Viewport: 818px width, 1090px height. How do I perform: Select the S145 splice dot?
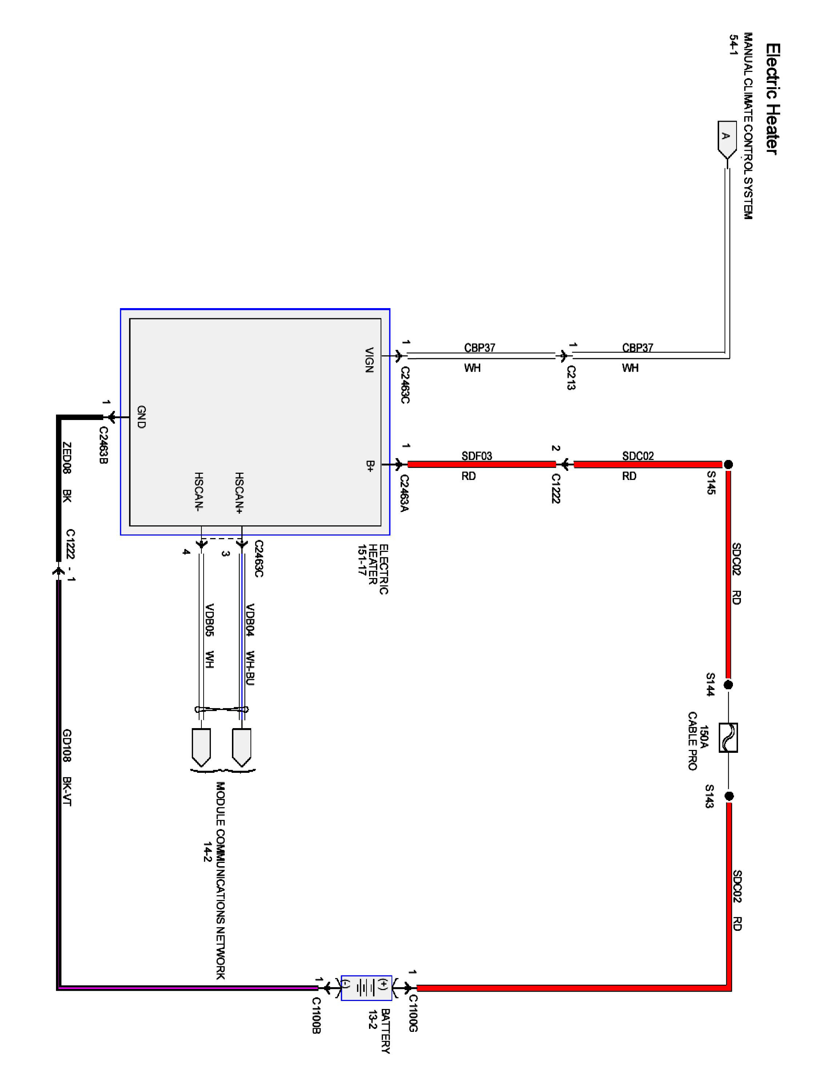coord(728,464)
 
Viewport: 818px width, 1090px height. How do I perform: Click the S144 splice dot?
coord(728,685)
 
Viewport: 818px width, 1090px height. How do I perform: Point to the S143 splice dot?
coord(729,796)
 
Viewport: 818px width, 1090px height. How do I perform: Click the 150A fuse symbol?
coord(728,738)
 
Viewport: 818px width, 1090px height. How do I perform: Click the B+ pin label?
coord(370,466)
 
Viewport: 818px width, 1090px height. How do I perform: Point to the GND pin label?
coord(141,417)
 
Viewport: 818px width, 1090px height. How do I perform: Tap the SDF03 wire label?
coord(477,456)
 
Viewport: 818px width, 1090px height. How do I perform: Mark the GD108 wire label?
coord(67,745)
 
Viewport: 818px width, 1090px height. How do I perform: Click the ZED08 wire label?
coord(67,458)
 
